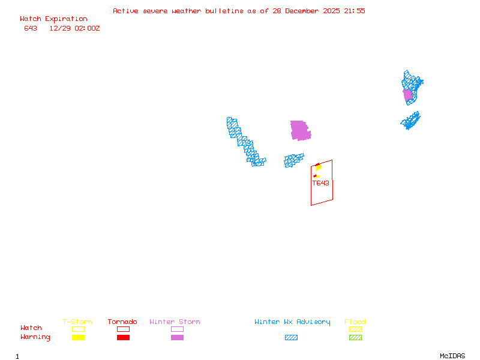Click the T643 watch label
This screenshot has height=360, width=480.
tap(320, 183)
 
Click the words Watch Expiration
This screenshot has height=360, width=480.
tap(53, 19)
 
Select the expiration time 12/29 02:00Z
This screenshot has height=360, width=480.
tap(74, 28)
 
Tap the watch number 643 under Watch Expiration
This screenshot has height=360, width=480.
tap(31, 28)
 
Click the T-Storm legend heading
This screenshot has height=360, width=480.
tap(77, 322)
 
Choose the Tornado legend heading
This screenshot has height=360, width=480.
tap(122, 322)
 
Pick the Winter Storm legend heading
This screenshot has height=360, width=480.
tap(175, 322)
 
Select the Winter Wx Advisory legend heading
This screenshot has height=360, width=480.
tap(292, 322)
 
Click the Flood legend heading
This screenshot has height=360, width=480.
tap(355, 322)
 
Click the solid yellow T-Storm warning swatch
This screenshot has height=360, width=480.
tap(78, 337)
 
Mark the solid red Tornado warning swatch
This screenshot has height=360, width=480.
tap(123, 337)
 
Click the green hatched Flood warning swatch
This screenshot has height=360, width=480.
tap(355, 337)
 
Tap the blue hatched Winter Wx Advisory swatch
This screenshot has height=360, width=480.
tap(291, 337)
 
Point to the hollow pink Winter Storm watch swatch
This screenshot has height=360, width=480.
tap(177, 329)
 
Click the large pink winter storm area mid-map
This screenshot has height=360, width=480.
tap(299, 130)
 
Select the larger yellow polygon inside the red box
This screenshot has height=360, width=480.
tap(319, 167)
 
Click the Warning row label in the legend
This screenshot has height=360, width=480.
tap(35, 337)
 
